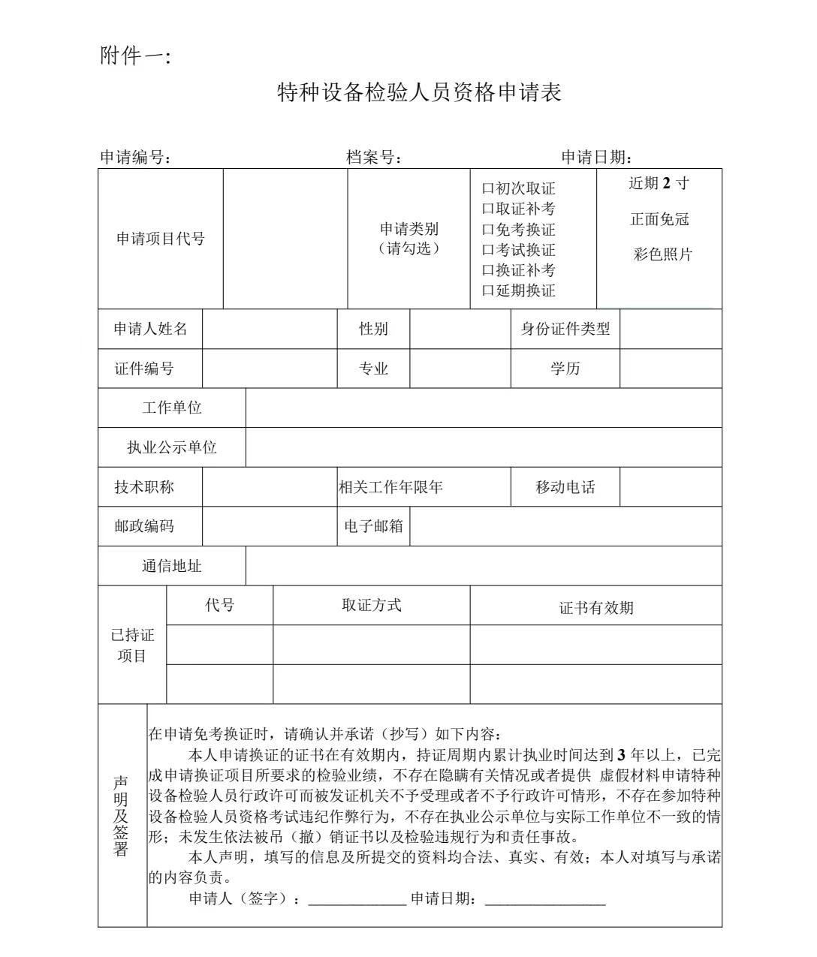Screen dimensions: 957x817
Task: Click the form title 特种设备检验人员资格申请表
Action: (x=419, y=93)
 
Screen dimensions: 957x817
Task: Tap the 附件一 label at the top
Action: (x=135, y=56)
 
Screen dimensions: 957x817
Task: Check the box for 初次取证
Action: (x=487, y=189)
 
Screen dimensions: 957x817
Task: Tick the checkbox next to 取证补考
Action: (x=487, y=209)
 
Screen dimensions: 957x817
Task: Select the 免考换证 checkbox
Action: (x=487, y=230)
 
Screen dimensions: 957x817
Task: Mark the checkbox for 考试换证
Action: (x=487, y=250)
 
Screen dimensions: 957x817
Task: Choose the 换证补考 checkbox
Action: (x=487, y=270)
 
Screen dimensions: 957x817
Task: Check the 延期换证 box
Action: (x=487, y=290)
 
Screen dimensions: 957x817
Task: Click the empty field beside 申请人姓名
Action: (x=270, y=329)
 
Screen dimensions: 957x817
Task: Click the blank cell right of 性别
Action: (x=460, y=329)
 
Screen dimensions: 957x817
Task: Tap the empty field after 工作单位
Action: (x=484, y=408)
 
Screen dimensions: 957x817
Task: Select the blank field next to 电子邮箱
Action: (x=565, y=526)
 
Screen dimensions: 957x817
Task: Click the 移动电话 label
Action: (x=565, y=487)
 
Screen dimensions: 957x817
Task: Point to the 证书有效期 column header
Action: (x=596, y=607)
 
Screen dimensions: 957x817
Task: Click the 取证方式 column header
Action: (x=371, y=605)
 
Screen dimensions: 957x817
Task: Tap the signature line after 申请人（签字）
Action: (x=357, y=900)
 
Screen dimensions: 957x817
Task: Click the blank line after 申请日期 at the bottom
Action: (x=545, y=900)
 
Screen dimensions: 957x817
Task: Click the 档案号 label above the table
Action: (x=372, y=157)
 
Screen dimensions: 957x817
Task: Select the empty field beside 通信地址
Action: (x=484, y=566)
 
